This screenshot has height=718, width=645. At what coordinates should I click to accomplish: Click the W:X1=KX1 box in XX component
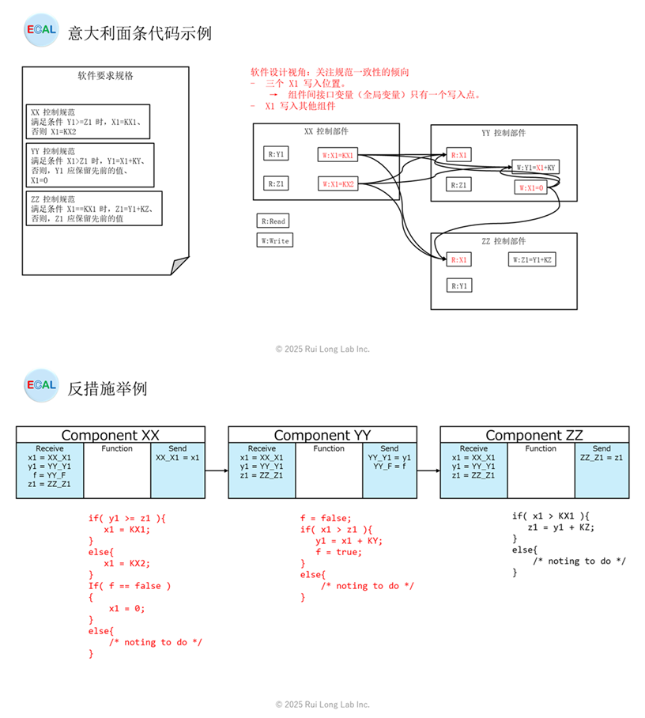338,156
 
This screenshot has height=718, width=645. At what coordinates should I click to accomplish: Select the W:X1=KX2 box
338,184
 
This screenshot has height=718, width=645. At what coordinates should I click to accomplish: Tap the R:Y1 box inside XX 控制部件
276,154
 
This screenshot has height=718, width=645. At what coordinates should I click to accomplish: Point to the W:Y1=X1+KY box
536,167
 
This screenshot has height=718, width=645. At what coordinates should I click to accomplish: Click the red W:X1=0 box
530,188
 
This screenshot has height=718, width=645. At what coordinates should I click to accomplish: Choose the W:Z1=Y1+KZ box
532,259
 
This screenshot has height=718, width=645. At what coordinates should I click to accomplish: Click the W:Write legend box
274,240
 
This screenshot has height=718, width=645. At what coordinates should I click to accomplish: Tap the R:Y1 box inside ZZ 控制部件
459,285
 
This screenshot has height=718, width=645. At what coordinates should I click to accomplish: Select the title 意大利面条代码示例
140,33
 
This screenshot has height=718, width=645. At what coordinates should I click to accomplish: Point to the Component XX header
111,435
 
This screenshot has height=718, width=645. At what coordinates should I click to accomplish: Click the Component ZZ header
534,435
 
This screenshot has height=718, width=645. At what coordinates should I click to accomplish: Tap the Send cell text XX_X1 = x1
178,458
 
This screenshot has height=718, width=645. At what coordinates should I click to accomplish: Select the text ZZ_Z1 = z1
602,458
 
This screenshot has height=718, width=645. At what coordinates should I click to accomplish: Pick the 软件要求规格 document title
105,77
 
